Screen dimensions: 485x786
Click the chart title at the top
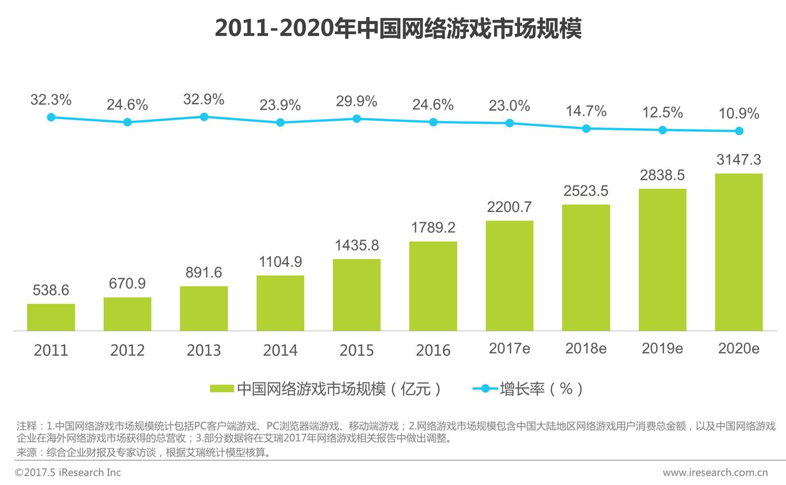point(397,28)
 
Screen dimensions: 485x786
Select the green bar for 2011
point(51,318)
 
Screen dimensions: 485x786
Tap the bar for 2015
point(357,295)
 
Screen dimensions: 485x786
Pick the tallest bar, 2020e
point(739,252)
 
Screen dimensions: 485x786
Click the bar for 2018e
point(586,268)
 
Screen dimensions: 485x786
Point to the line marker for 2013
point(204,117)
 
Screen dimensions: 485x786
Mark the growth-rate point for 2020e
point(739,131)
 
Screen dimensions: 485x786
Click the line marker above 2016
point(433,122)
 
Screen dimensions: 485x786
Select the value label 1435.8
point(357,246)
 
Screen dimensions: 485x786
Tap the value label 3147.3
point(739,160)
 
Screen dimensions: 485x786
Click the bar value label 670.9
point(127,284)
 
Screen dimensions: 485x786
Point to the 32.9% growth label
point(204,100)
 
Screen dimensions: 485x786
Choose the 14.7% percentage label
point(586,111)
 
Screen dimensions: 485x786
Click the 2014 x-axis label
point(280,350)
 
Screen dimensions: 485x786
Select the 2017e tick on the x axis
point(509,348)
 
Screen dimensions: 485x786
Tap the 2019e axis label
point(662,348)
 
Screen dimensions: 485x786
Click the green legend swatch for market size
point(222,388)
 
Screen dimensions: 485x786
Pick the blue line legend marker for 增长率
point(485,388)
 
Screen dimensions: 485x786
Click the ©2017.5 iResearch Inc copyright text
point(68,473)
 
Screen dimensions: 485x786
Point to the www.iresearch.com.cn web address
point(715,473)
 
